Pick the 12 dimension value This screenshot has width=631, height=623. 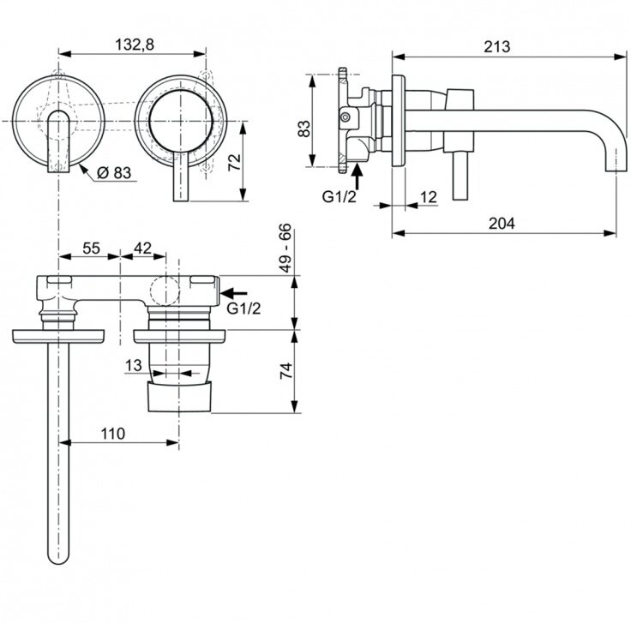[430, 197]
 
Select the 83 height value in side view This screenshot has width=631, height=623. [303, 129]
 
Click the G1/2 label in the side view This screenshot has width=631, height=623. [338, 196]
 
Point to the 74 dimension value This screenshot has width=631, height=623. [286, 370]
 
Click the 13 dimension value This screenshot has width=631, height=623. [133, 366]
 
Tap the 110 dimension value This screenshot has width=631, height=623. [111, 434]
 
